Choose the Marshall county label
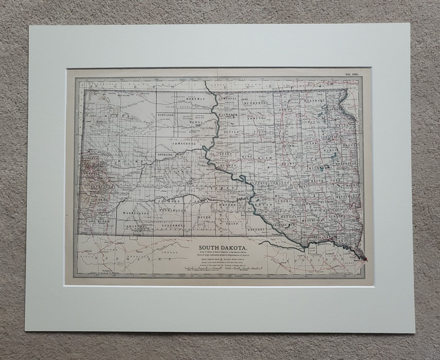(x=315, y=100)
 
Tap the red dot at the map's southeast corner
(x=365, y=259)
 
